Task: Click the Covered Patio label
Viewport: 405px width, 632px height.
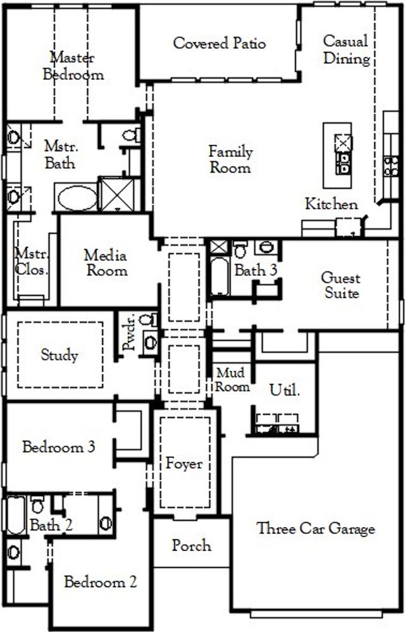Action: pyautogui.click(x=219, y=44)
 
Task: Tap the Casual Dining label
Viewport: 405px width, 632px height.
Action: pyautogui.click(x=346, y=50)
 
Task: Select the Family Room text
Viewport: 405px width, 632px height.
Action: pyautogui.click(x=230, y=159)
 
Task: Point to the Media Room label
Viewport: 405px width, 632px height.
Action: pyautogui.click(x=106, y=263)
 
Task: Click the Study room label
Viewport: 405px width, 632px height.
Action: pyautogui.click(x=59, y=354)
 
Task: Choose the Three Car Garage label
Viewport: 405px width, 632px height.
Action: pyautogui.click(x=316, y=528)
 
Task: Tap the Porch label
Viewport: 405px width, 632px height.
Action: pyautogui.click(x=191, y=545)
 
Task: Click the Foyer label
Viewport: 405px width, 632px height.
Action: pyautogui.click(x=184, y=464)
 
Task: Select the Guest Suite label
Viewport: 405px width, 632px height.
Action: pyautogui.click(x=342, y=285)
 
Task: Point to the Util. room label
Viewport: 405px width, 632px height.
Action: pyautogui.click(x=285, y=390)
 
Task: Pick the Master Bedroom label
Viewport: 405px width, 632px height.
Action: pyautogui.click(x=73, y=66)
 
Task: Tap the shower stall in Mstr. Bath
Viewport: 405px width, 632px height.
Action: pyautogui.click(x=118, y=195)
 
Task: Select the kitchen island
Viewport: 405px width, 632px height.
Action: pyautogui.click(x=337, y=156)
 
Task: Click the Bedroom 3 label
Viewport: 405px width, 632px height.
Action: pyautogui.click(x=59, y=447)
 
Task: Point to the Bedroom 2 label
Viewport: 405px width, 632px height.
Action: pyautogui.click(x=100, y=582)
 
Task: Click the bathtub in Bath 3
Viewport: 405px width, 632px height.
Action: pyautogui.click(x=219, y=277)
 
